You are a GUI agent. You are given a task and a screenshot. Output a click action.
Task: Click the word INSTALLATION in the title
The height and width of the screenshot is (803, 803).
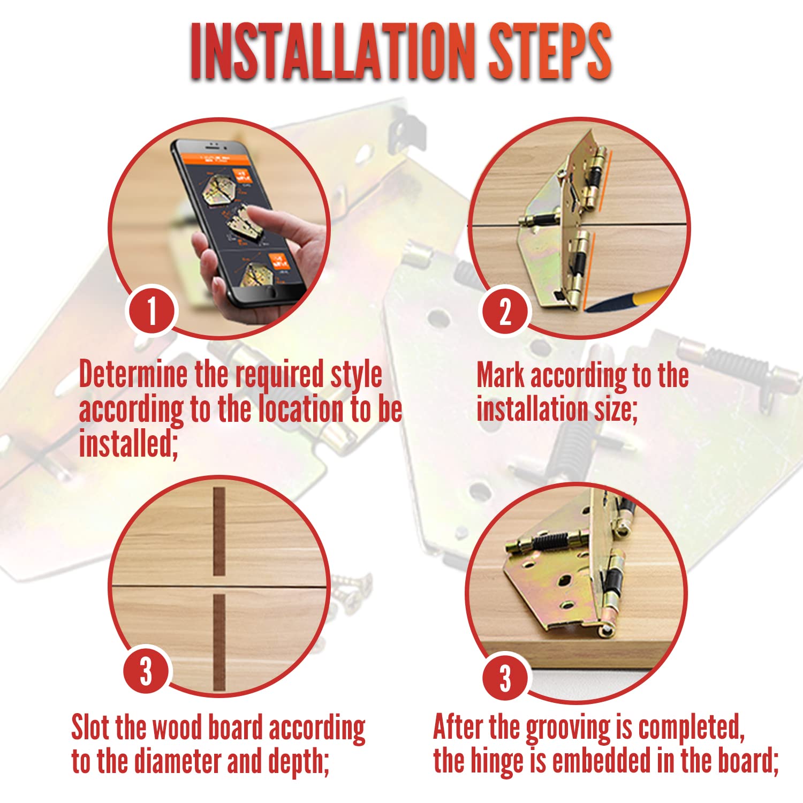332,52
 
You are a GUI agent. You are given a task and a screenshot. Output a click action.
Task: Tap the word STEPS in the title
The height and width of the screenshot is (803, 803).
550,52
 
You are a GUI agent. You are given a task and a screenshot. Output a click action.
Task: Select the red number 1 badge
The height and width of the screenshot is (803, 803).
152,310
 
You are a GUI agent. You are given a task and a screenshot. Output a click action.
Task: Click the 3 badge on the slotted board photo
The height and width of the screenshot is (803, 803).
146,671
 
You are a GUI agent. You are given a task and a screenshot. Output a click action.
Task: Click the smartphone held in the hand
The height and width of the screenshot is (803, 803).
238,219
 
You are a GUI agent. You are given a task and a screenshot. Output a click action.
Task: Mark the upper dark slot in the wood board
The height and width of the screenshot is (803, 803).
219,532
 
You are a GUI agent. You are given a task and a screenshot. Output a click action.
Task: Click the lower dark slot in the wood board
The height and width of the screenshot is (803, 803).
219,642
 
